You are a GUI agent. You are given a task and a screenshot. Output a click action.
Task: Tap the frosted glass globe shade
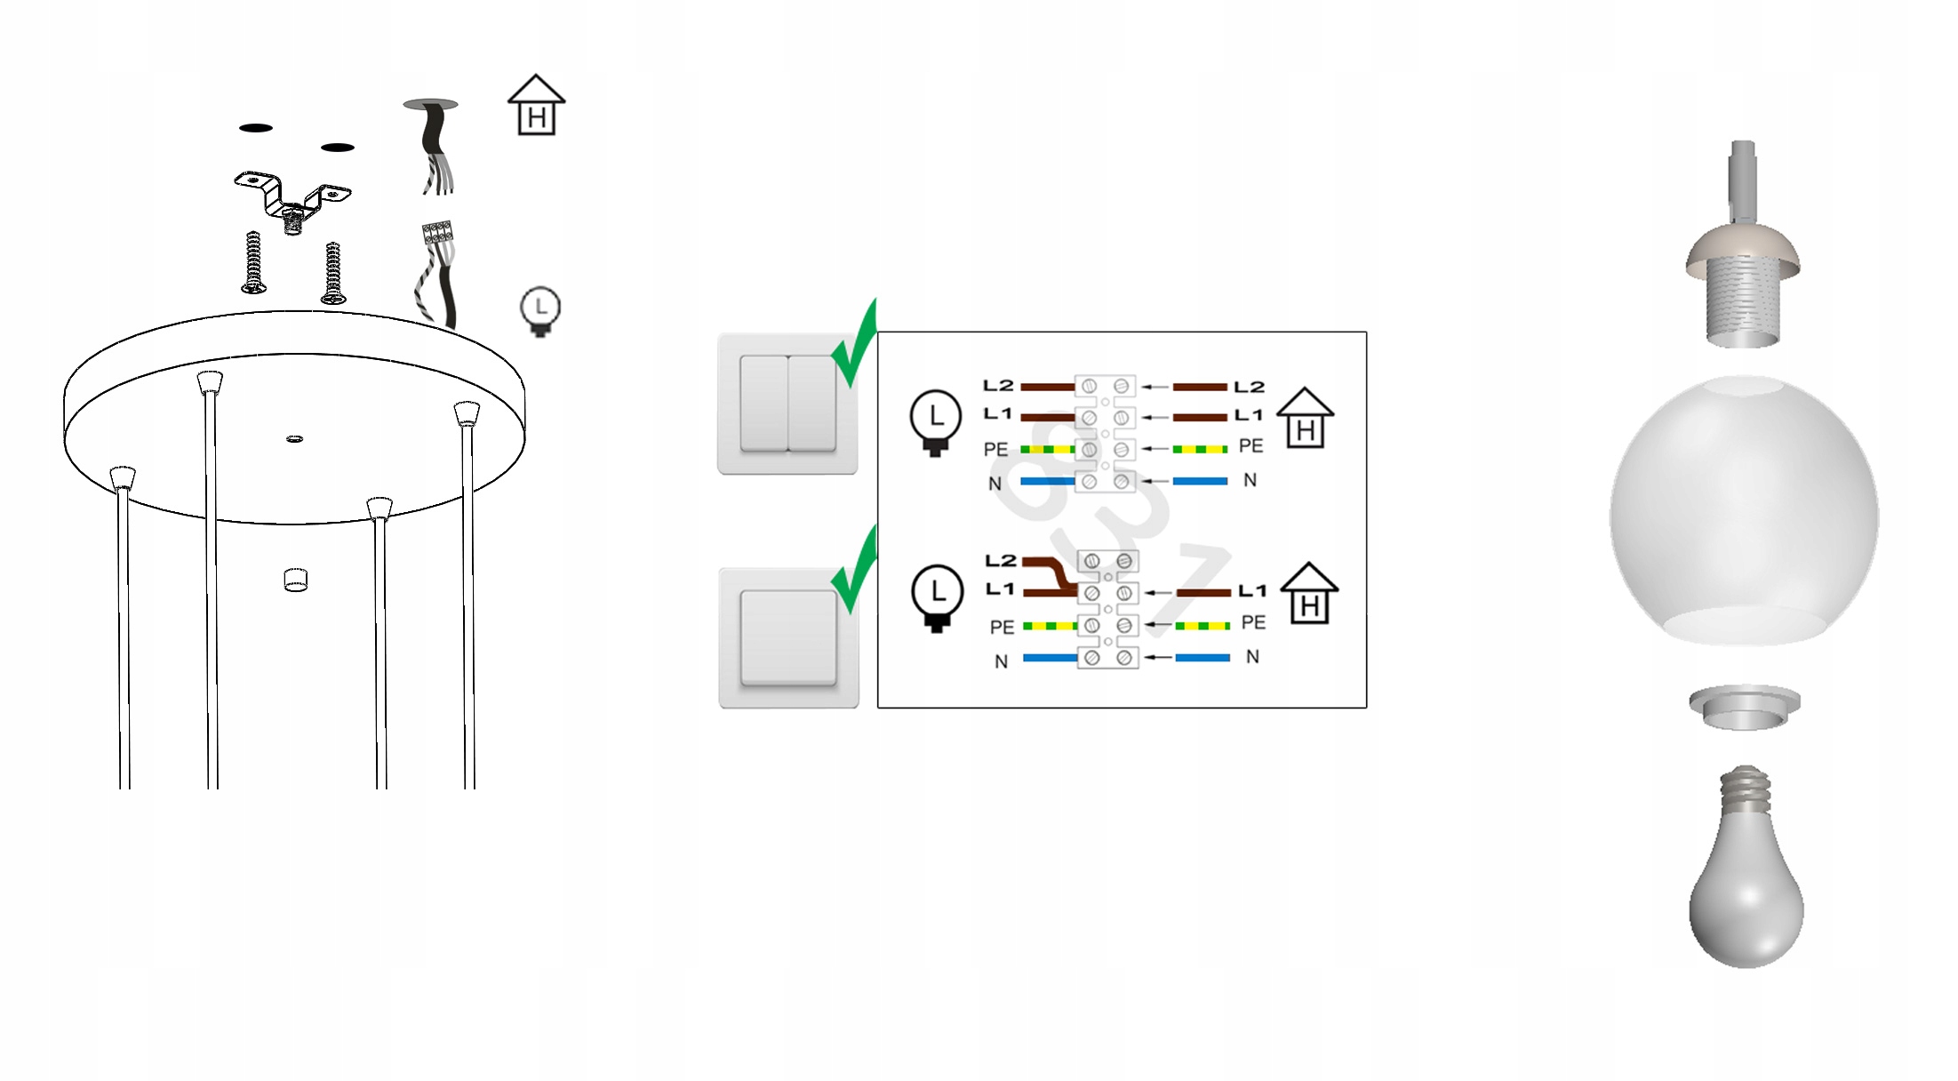tap(1744, 512)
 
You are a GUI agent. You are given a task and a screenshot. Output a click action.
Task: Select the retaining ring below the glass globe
tap(1744, 707)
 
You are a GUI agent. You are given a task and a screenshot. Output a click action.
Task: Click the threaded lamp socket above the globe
tap(1743, 293)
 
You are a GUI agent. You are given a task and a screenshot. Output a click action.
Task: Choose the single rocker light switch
tap(788, 637)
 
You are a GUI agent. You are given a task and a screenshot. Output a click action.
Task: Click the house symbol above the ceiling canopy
tap(536, 106)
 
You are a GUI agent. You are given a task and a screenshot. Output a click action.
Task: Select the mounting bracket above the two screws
tap(292, 195)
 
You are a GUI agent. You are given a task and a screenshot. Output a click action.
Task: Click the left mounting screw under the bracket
tap(253, 263)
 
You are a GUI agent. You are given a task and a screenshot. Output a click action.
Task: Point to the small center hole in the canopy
tap(295, 438)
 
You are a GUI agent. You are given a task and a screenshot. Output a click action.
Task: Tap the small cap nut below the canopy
tap(296, 581)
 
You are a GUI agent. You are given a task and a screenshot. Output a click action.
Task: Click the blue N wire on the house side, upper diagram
tap(1200, 481)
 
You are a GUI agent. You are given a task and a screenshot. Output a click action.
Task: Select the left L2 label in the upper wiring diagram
tap(997, 386)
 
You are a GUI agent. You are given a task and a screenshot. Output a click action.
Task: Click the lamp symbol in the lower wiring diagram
tap(937, 597)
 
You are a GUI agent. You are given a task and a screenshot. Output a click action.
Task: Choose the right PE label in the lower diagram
tap(1253, 623)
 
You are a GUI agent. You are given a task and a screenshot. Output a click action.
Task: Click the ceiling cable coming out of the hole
tap(434, 147)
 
